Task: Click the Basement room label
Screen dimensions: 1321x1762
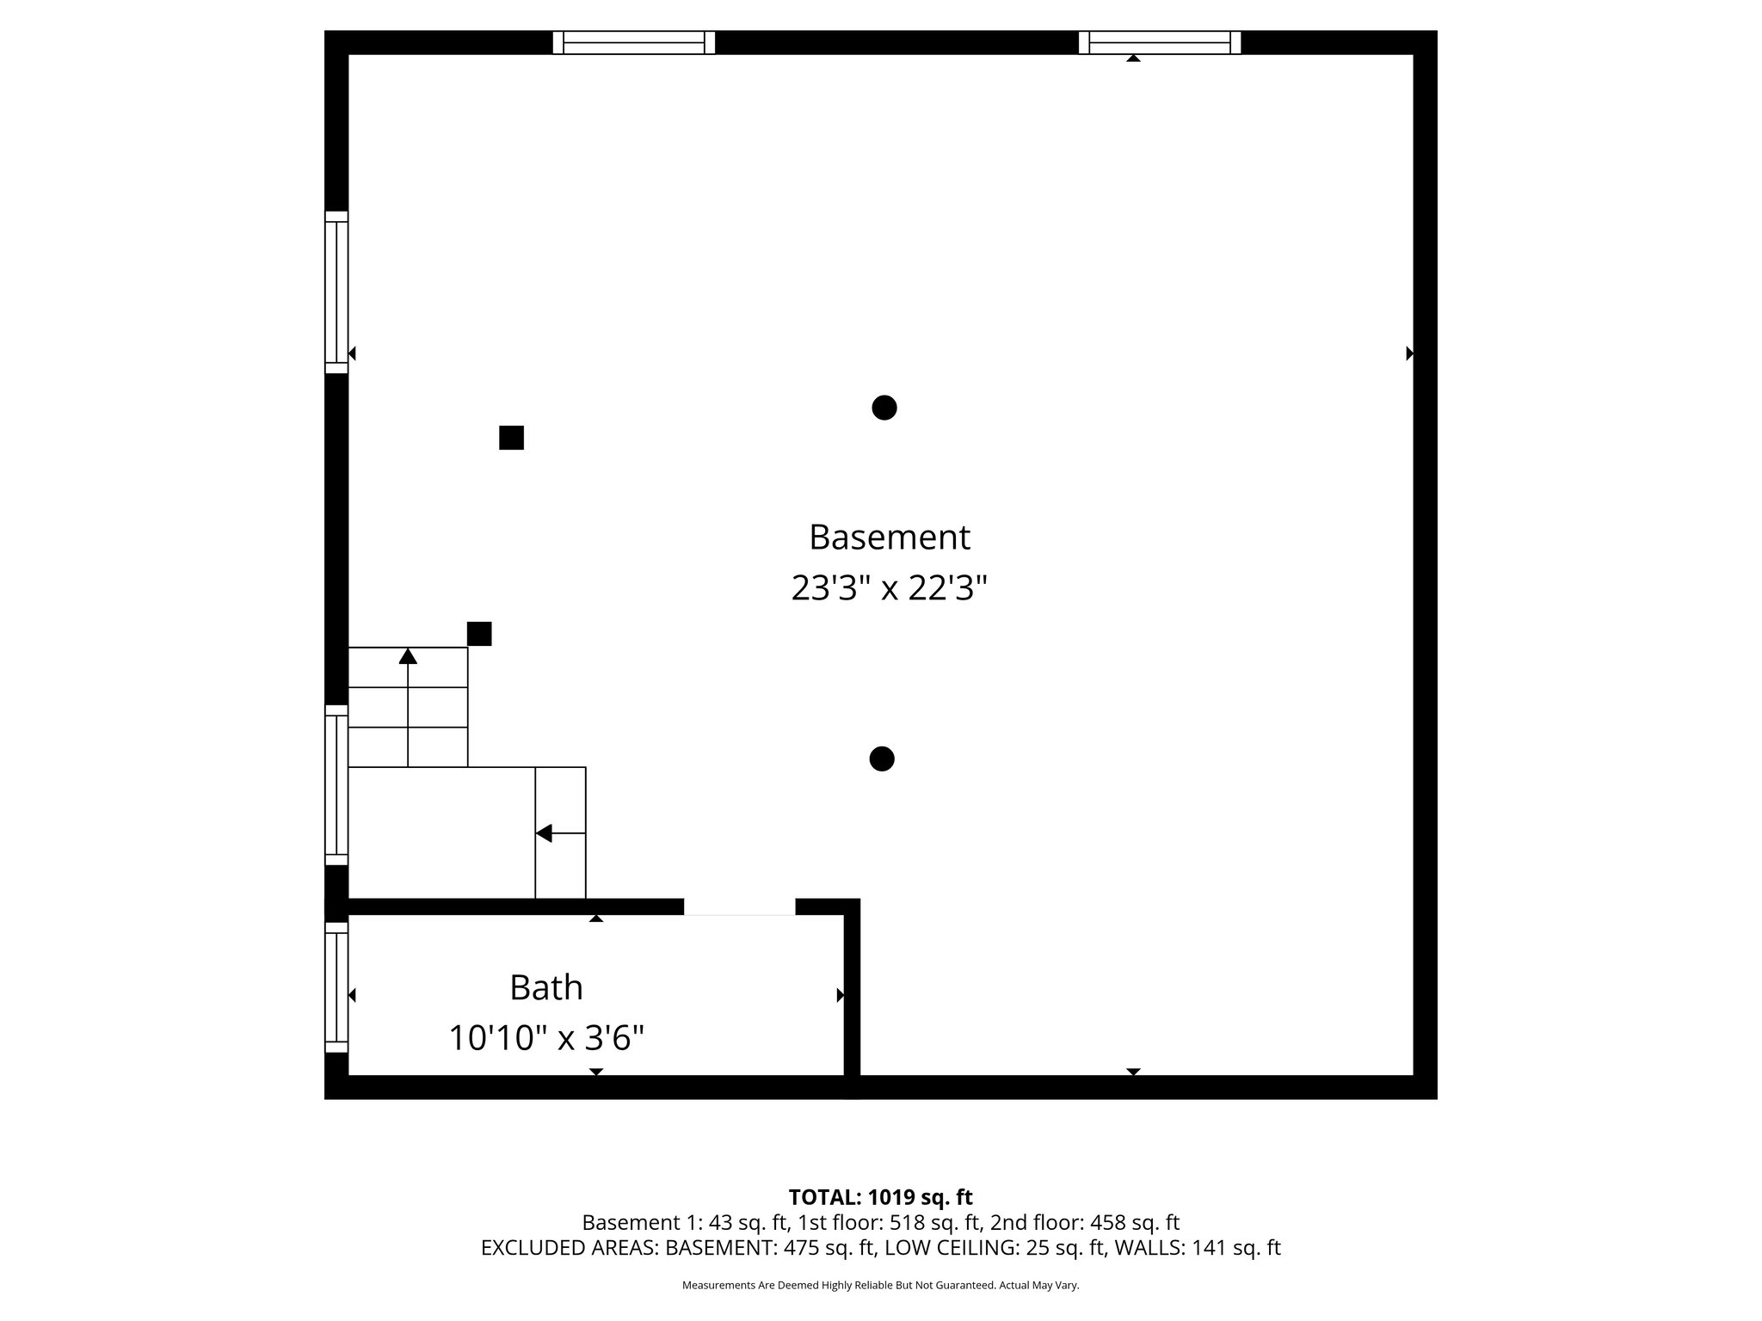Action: click(889, 538)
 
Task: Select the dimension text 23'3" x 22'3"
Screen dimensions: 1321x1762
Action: click(889, 589)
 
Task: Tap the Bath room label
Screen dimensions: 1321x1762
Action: click(546, 987)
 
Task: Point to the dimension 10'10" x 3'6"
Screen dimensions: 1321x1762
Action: click(546, 1039)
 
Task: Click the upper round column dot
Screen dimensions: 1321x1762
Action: click(884, 408)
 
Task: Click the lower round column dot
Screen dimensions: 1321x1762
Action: click(882, 759)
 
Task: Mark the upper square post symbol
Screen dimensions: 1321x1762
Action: click(511, 438)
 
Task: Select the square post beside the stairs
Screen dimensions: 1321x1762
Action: click(479, 634)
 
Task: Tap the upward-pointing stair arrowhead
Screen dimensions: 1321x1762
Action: click(408, 656)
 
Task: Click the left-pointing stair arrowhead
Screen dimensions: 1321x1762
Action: click(544, 833)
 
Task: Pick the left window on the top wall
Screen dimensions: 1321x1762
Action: click(634, 42)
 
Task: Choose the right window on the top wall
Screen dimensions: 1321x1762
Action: click(1160, 42)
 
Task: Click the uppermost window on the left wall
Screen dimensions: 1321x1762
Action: click(336, 292)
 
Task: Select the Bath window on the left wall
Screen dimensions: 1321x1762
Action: click(336, 987)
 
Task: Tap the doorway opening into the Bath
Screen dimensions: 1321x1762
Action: click(739, 907)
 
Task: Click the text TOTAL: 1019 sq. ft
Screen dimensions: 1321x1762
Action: click(880, 1197)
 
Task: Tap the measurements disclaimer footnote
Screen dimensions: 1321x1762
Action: click(880, 1286)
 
